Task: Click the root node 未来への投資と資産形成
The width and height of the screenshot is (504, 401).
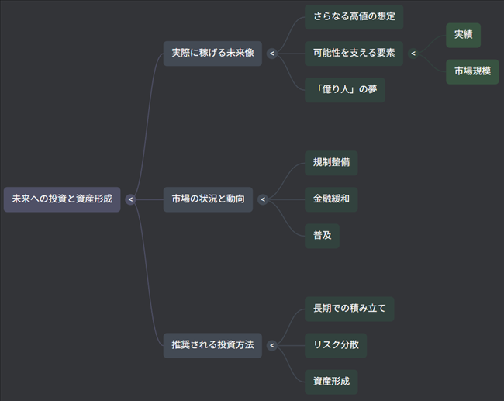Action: [x=62, y=199]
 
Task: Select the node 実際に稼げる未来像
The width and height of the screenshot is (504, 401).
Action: [x=212, y=54]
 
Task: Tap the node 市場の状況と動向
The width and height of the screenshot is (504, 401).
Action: [x=208, y=199]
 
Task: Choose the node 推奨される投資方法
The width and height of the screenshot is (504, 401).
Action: [x=212, y=345]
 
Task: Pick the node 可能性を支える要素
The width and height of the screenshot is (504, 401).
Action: [x=354, y=54]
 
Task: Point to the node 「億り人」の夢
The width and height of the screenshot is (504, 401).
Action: [x=345, y=90]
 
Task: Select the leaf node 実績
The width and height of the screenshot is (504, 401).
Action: [x=463, y=35]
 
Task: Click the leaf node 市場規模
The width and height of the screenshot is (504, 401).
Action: [x=472, y=71]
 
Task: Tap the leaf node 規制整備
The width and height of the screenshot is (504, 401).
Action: [x=331, y=163]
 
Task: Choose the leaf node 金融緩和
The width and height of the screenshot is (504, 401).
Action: [x=331, y=199]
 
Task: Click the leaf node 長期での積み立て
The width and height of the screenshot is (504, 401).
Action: [x=349, y=309]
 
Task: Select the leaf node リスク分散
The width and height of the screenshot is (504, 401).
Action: [x=336, y=345]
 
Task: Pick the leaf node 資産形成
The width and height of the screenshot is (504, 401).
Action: [x=331, y=382]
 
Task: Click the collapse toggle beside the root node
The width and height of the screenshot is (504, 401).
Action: [x=130, y=199]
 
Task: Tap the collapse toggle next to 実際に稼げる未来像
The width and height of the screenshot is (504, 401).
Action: [x=271, y=54]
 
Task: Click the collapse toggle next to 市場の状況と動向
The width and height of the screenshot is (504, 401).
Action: [x=262, y=199]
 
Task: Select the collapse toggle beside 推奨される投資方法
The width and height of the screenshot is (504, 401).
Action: [x=271, y=345]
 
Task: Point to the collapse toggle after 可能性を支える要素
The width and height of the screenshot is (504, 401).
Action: [x=413, y=54]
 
